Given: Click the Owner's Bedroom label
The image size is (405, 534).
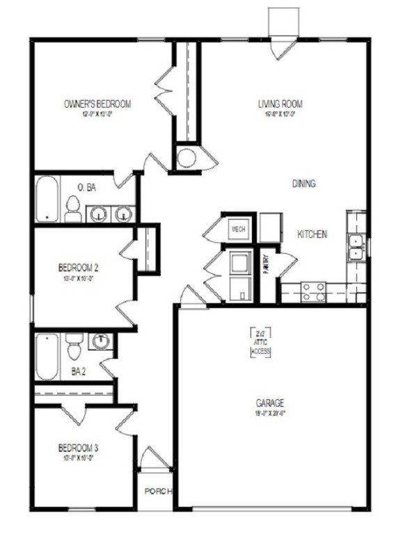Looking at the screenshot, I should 97,104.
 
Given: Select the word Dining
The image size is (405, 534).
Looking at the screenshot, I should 303,184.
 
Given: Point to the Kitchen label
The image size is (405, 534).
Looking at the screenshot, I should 312,235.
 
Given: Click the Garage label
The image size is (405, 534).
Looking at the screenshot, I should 269,403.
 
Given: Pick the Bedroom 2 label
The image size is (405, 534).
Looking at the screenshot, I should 78,267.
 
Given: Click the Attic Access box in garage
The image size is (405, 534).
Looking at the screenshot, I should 260,343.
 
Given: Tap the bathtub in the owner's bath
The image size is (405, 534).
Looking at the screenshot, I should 47,200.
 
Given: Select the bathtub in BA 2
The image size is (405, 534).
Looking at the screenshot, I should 47,356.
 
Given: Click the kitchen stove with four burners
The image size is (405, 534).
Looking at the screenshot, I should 313,291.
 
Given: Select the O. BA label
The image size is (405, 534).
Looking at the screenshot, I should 86,188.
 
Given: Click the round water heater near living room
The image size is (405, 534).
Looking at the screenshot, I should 186,158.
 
